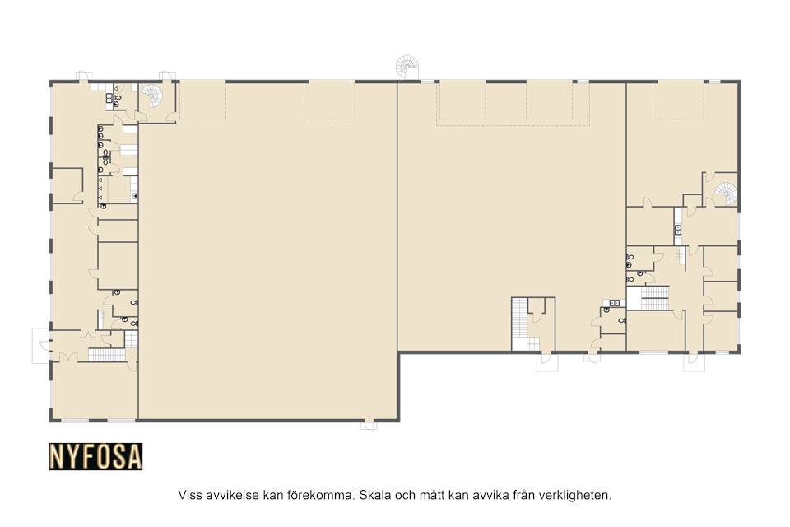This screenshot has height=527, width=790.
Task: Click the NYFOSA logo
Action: point(95,456)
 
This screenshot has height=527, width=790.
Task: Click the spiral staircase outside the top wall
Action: point(407,67)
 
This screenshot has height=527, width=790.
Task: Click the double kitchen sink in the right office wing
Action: point(678,230)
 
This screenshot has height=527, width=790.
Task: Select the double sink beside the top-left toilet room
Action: point(109,99)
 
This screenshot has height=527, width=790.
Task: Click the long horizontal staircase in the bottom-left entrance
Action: point(107,355)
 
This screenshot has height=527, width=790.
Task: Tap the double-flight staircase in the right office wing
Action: point(654,297)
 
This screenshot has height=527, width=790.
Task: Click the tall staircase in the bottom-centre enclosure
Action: point(519,324)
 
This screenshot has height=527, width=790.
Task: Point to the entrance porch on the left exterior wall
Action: point(41,346)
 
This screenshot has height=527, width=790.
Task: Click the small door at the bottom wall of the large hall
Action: point(369,426)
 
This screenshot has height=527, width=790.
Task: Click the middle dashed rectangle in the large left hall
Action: point(332,100)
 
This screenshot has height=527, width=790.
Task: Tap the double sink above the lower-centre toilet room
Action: point(614,302)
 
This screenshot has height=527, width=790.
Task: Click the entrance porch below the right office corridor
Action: point(694,362)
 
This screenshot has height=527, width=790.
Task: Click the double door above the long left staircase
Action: point(89,334)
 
